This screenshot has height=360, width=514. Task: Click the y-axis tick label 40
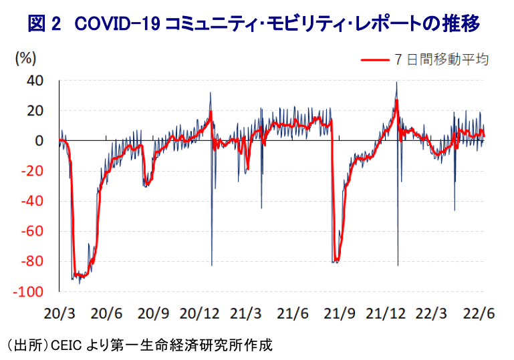(x=34, y=80)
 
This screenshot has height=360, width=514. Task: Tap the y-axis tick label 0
(x=39, y=141)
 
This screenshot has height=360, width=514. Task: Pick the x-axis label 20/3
(x=61, y=313)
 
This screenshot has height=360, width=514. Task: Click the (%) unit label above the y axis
(x=25, y=57)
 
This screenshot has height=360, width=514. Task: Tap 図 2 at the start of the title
(x=44, y=24)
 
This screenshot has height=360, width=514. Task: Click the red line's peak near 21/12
(x=396, y=100)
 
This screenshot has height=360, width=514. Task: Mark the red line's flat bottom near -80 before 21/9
(x=336, y=260)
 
